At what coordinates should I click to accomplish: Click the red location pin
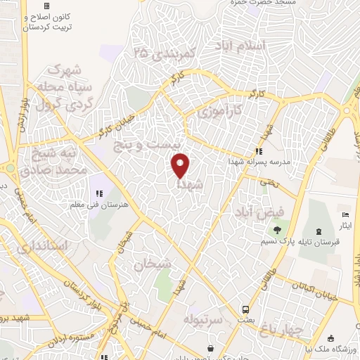tap(181, 166)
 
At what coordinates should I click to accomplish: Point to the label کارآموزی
tap(218, 110)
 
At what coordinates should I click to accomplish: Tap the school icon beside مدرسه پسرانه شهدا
tap(259, 150)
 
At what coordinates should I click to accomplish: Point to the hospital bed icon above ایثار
tap(345, 214)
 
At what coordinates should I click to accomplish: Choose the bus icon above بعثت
tap(245, 309)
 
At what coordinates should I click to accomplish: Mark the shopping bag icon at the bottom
tap(211, 348)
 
